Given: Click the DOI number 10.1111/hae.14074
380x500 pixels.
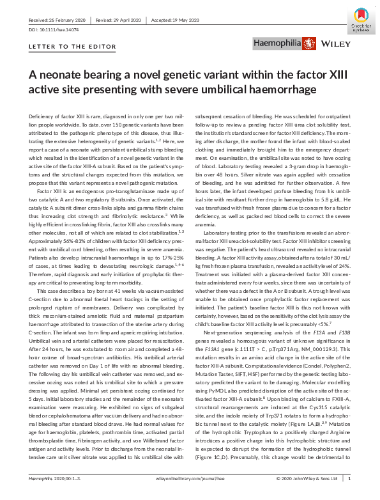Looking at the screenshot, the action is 55,30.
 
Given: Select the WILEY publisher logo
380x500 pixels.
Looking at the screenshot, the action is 333,45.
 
